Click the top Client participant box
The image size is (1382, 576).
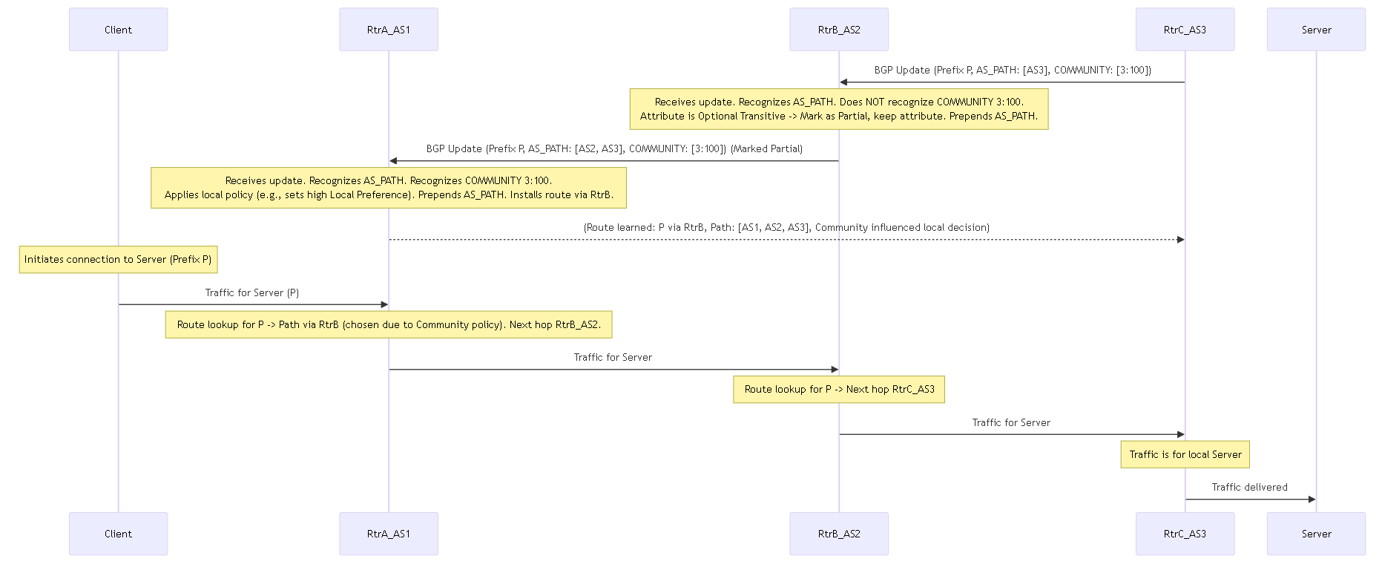tap(118, 30)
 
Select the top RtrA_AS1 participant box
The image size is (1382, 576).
tap(389, 30)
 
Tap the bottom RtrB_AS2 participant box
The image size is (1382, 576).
tap(839, 534)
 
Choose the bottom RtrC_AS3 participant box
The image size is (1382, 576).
tap(1185, 534)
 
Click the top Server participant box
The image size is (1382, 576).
tap(1316, 30)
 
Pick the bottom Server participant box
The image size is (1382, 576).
tap(1316, 534)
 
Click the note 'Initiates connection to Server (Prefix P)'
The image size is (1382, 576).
tap(118, 260)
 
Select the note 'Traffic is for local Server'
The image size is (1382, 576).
tap(1185, 455)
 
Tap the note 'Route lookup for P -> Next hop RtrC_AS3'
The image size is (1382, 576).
tap(839, 390)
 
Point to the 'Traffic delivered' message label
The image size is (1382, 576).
tap(1250, 488)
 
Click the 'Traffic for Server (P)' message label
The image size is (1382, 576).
tap(252, 293)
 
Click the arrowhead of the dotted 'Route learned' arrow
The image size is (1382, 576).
tap(1180, 240)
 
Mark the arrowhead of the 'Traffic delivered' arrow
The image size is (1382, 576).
tap(1312, 500)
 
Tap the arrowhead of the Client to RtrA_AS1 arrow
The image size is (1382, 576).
tap(384, 304)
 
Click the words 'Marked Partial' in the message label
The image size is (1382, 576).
tap(766, 149)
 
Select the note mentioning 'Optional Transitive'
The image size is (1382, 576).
tap(839, 109)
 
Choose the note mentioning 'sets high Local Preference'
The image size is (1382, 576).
tap(389, 188)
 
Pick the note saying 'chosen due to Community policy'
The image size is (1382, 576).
tap(389, 325)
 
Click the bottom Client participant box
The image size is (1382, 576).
tap(118, 534)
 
